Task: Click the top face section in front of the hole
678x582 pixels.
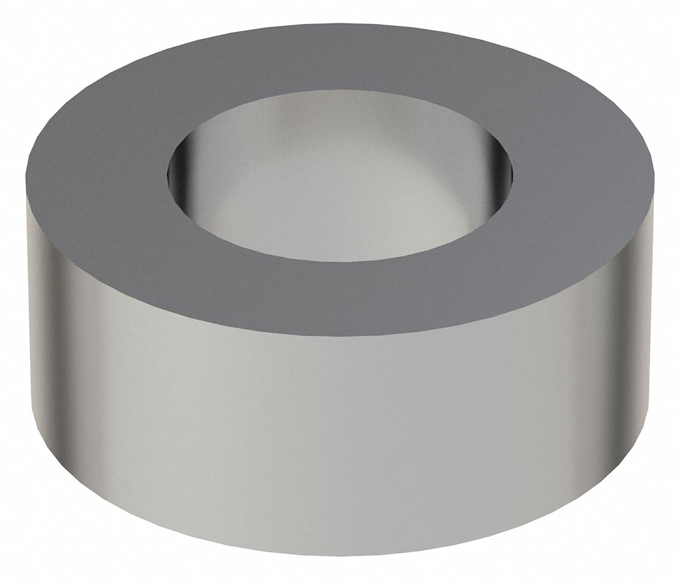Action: pos(341,295)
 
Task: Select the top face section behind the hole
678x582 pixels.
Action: pos(341,60)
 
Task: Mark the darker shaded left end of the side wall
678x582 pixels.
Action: pos(48,337)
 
